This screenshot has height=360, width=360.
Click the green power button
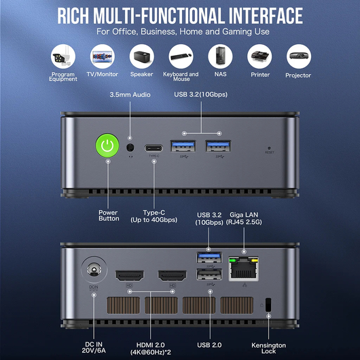pyautogui.click(x=107, y=145)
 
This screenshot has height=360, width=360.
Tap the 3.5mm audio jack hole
pyautogui.click(x=130, y=147)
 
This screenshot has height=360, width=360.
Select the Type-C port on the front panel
pyautogui.click(x=154, y=148)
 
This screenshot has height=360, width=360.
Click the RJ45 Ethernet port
pyautogui.click(x=244, y=268)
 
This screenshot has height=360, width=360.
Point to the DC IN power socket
pyautogui.click(x=94, y=270)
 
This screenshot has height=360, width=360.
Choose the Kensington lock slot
pyautogui.click(x=268, y=305)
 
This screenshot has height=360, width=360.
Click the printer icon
pyautogui.click(x=259, y=56)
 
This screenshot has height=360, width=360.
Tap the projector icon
pyautogui.click(x=299, y=56)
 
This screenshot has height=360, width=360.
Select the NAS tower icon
pyautogui.click(x=220, y=56)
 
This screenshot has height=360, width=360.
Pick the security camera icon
pyautogui.click(x=63, y=56)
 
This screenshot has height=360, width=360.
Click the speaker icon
pyautogui.click(x=142, y=56)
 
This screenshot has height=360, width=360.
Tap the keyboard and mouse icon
pyautogui.click(x=181, y=56)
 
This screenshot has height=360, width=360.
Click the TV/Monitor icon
pyautogui.click(x=103, y=56)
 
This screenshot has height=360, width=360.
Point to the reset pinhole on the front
pyautogui.click(x=269, y=148)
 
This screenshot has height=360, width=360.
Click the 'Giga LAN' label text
pyautogui.click(x=244, y=215)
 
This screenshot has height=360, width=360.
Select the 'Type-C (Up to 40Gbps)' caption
pyautogui.click(x=154, y=216)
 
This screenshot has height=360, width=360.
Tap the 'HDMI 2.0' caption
pyautogui.click(x=151, y=345)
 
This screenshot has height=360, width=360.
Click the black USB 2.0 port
pyautogui.click(x=209, y=274)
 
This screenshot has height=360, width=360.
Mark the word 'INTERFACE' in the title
pyautogui.click(x=266, y=16)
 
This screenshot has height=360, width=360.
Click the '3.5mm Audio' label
pyautogui.click(x=130, y=94)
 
